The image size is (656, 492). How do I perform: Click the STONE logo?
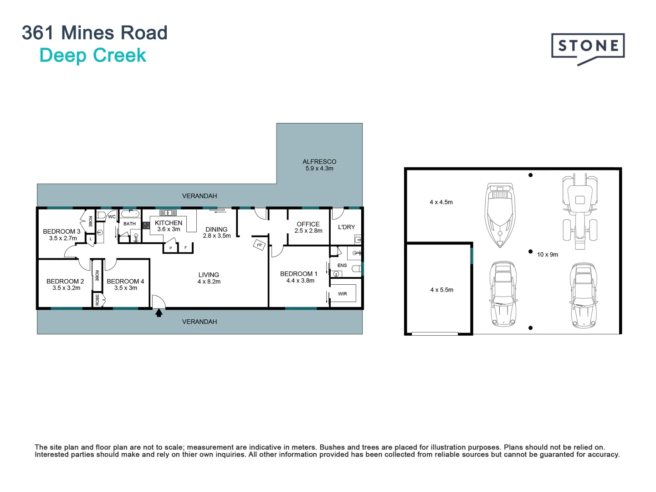pos(588,46)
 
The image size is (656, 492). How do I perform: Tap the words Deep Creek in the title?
pos(92,56)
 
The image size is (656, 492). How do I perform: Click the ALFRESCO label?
pos(319,162)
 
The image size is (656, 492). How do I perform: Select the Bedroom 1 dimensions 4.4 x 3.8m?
pos(300,281)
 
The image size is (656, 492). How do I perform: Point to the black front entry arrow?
pos(159,313)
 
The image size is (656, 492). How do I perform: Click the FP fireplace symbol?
pos(259,245)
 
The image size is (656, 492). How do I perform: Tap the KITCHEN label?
pos(169,223)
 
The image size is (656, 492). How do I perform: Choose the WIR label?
pos(343,294)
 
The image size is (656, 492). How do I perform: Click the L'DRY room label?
pos(346,227)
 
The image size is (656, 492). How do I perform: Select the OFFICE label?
pos(308,224)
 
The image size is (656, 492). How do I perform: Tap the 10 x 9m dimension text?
pos(548,255)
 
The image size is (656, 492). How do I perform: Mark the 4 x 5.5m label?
pos(441,290)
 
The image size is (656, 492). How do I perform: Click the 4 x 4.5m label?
pos(441,202)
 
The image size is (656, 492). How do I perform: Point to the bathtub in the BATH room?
pos(130,214)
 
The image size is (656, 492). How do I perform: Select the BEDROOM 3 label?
pos(61,231)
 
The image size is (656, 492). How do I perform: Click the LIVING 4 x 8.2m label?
pos(209,278)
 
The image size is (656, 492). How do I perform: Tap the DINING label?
pos(216,230)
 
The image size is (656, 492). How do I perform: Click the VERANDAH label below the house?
pos(200,322)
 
